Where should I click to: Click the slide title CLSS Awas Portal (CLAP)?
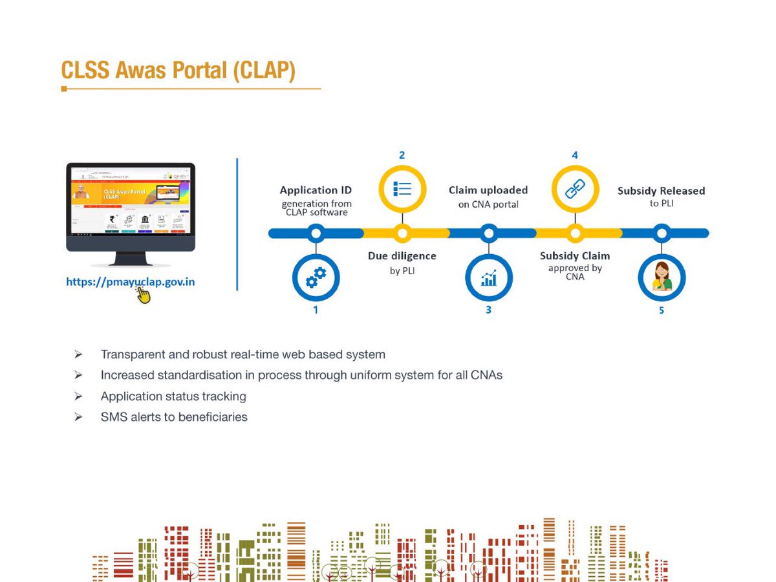tap(178, 70)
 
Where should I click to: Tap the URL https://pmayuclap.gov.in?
tap(131, 282)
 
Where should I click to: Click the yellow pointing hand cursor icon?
tap(143, 296)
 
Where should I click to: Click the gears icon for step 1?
tap(316, 277)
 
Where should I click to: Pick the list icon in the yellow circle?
tap(402, 189)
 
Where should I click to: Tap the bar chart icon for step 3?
tap(488, 277)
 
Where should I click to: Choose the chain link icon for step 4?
tap(575, 189)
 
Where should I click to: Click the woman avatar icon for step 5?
tap(661, 277)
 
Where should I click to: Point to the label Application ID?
tap(316, 190)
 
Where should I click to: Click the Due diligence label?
tap(402, 256)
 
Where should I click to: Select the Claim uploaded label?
tap(488, 190)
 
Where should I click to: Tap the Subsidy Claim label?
tap(575, 256)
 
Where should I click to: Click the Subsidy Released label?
tap(661, 191)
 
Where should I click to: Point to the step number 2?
tap(402, 155)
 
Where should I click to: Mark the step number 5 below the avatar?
tap(661, 310)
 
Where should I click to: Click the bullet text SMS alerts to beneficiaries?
tap(174, 417)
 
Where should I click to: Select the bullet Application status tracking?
tap(173, 396)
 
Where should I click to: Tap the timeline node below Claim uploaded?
tap(489, 233)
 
